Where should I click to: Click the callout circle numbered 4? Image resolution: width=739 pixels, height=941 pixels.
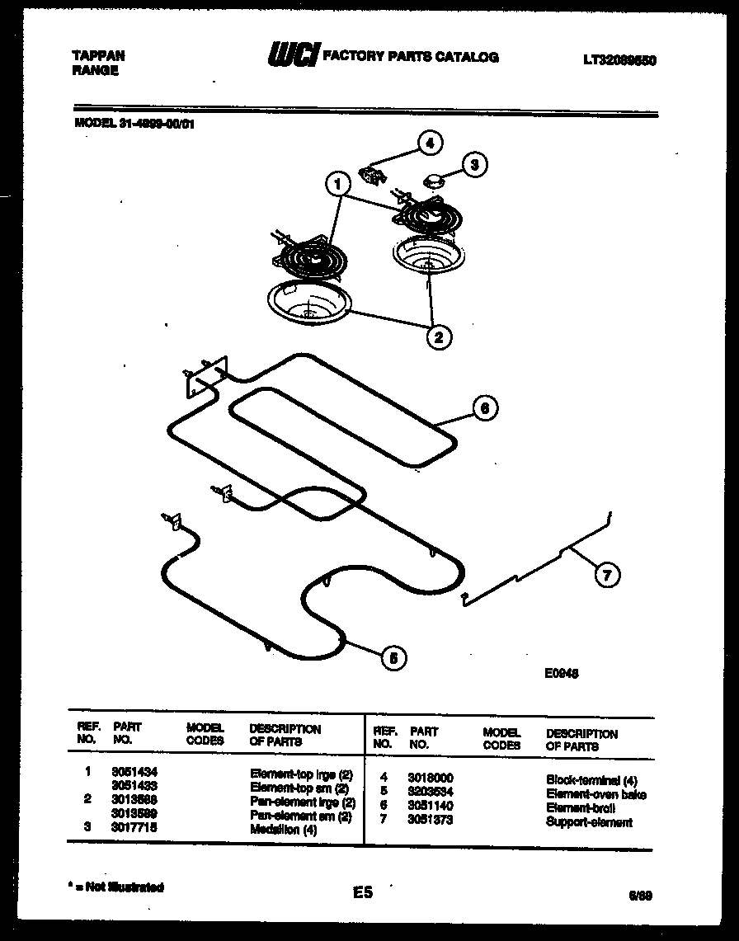coord(429,143)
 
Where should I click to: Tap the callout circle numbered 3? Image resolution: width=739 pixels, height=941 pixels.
coord(473,165)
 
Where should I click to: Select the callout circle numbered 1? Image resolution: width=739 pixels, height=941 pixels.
coord(337,185)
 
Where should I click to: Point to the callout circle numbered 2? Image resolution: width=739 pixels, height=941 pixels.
coord(439,336)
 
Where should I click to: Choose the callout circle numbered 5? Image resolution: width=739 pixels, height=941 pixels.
coord(394,657)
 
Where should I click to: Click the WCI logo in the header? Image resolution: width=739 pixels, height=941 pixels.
coord(292,56)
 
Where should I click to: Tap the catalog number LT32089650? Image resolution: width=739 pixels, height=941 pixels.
coord(619,60)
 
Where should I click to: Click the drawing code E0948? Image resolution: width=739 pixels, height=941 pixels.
coord(561,672)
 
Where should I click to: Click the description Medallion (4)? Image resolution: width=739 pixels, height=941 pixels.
coord(284,829)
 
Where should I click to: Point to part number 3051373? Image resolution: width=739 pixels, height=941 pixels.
coord(430,820)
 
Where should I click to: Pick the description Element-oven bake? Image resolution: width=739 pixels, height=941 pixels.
coord(595,794)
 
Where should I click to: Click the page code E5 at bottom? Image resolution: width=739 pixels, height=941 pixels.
coord(363,892)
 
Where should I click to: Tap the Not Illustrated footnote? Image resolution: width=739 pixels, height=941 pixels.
coord(116,887)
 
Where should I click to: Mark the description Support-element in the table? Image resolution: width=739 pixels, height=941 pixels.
coord(589,822)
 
